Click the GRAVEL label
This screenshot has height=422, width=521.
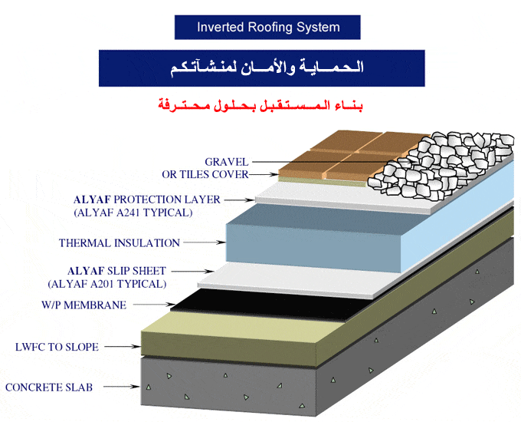[226, 162]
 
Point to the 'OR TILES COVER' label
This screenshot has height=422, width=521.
[205, 175]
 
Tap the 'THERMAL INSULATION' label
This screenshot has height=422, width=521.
[120, 243]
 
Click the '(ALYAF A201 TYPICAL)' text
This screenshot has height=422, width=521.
[106, 284]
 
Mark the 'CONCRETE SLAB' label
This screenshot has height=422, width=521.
[49, 387]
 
